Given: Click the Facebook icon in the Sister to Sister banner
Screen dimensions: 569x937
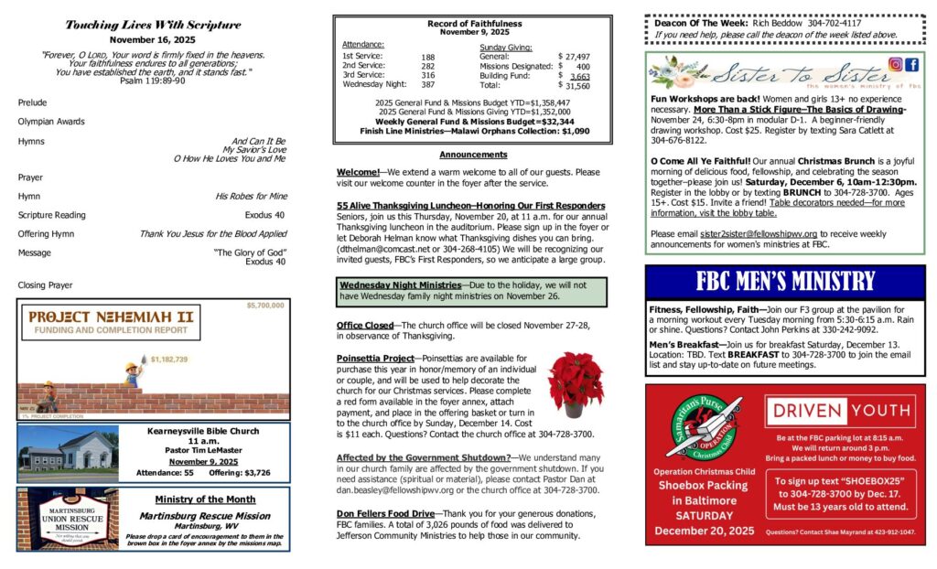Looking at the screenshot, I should click(x=911, y=65).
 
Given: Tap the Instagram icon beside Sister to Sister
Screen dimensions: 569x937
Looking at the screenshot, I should click(x=896, y=65).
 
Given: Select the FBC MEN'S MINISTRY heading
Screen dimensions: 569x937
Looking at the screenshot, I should click(x=784, y=281).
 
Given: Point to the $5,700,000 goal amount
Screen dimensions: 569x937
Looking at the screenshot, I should click(x=265, y=306).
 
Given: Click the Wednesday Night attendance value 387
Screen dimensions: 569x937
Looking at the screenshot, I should click(x=428, y=84).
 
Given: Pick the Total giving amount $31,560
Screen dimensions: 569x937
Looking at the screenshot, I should click(x=577, y=85).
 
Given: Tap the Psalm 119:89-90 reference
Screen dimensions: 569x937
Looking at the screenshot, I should click(x=153, y=81).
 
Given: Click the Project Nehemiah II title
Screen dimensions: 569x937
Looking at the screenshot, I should click(x=112, y=317).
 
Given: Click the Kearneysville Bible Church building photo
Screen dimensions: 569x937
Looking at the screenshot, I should click(x=68, y=451).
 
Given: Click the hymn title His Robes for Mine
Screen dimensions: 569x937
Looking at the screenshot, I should click(x=251, y=196).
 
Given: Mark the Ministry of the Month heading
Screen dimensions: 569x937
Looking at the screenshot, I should click(x=204, y=499).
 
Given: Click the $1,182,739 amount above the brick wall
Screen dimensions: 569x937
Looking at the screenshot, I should click(x=169, y=360).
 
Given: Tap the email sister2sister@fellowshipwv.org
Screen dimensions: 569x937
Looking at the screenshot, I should click(x=758, y=233).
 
